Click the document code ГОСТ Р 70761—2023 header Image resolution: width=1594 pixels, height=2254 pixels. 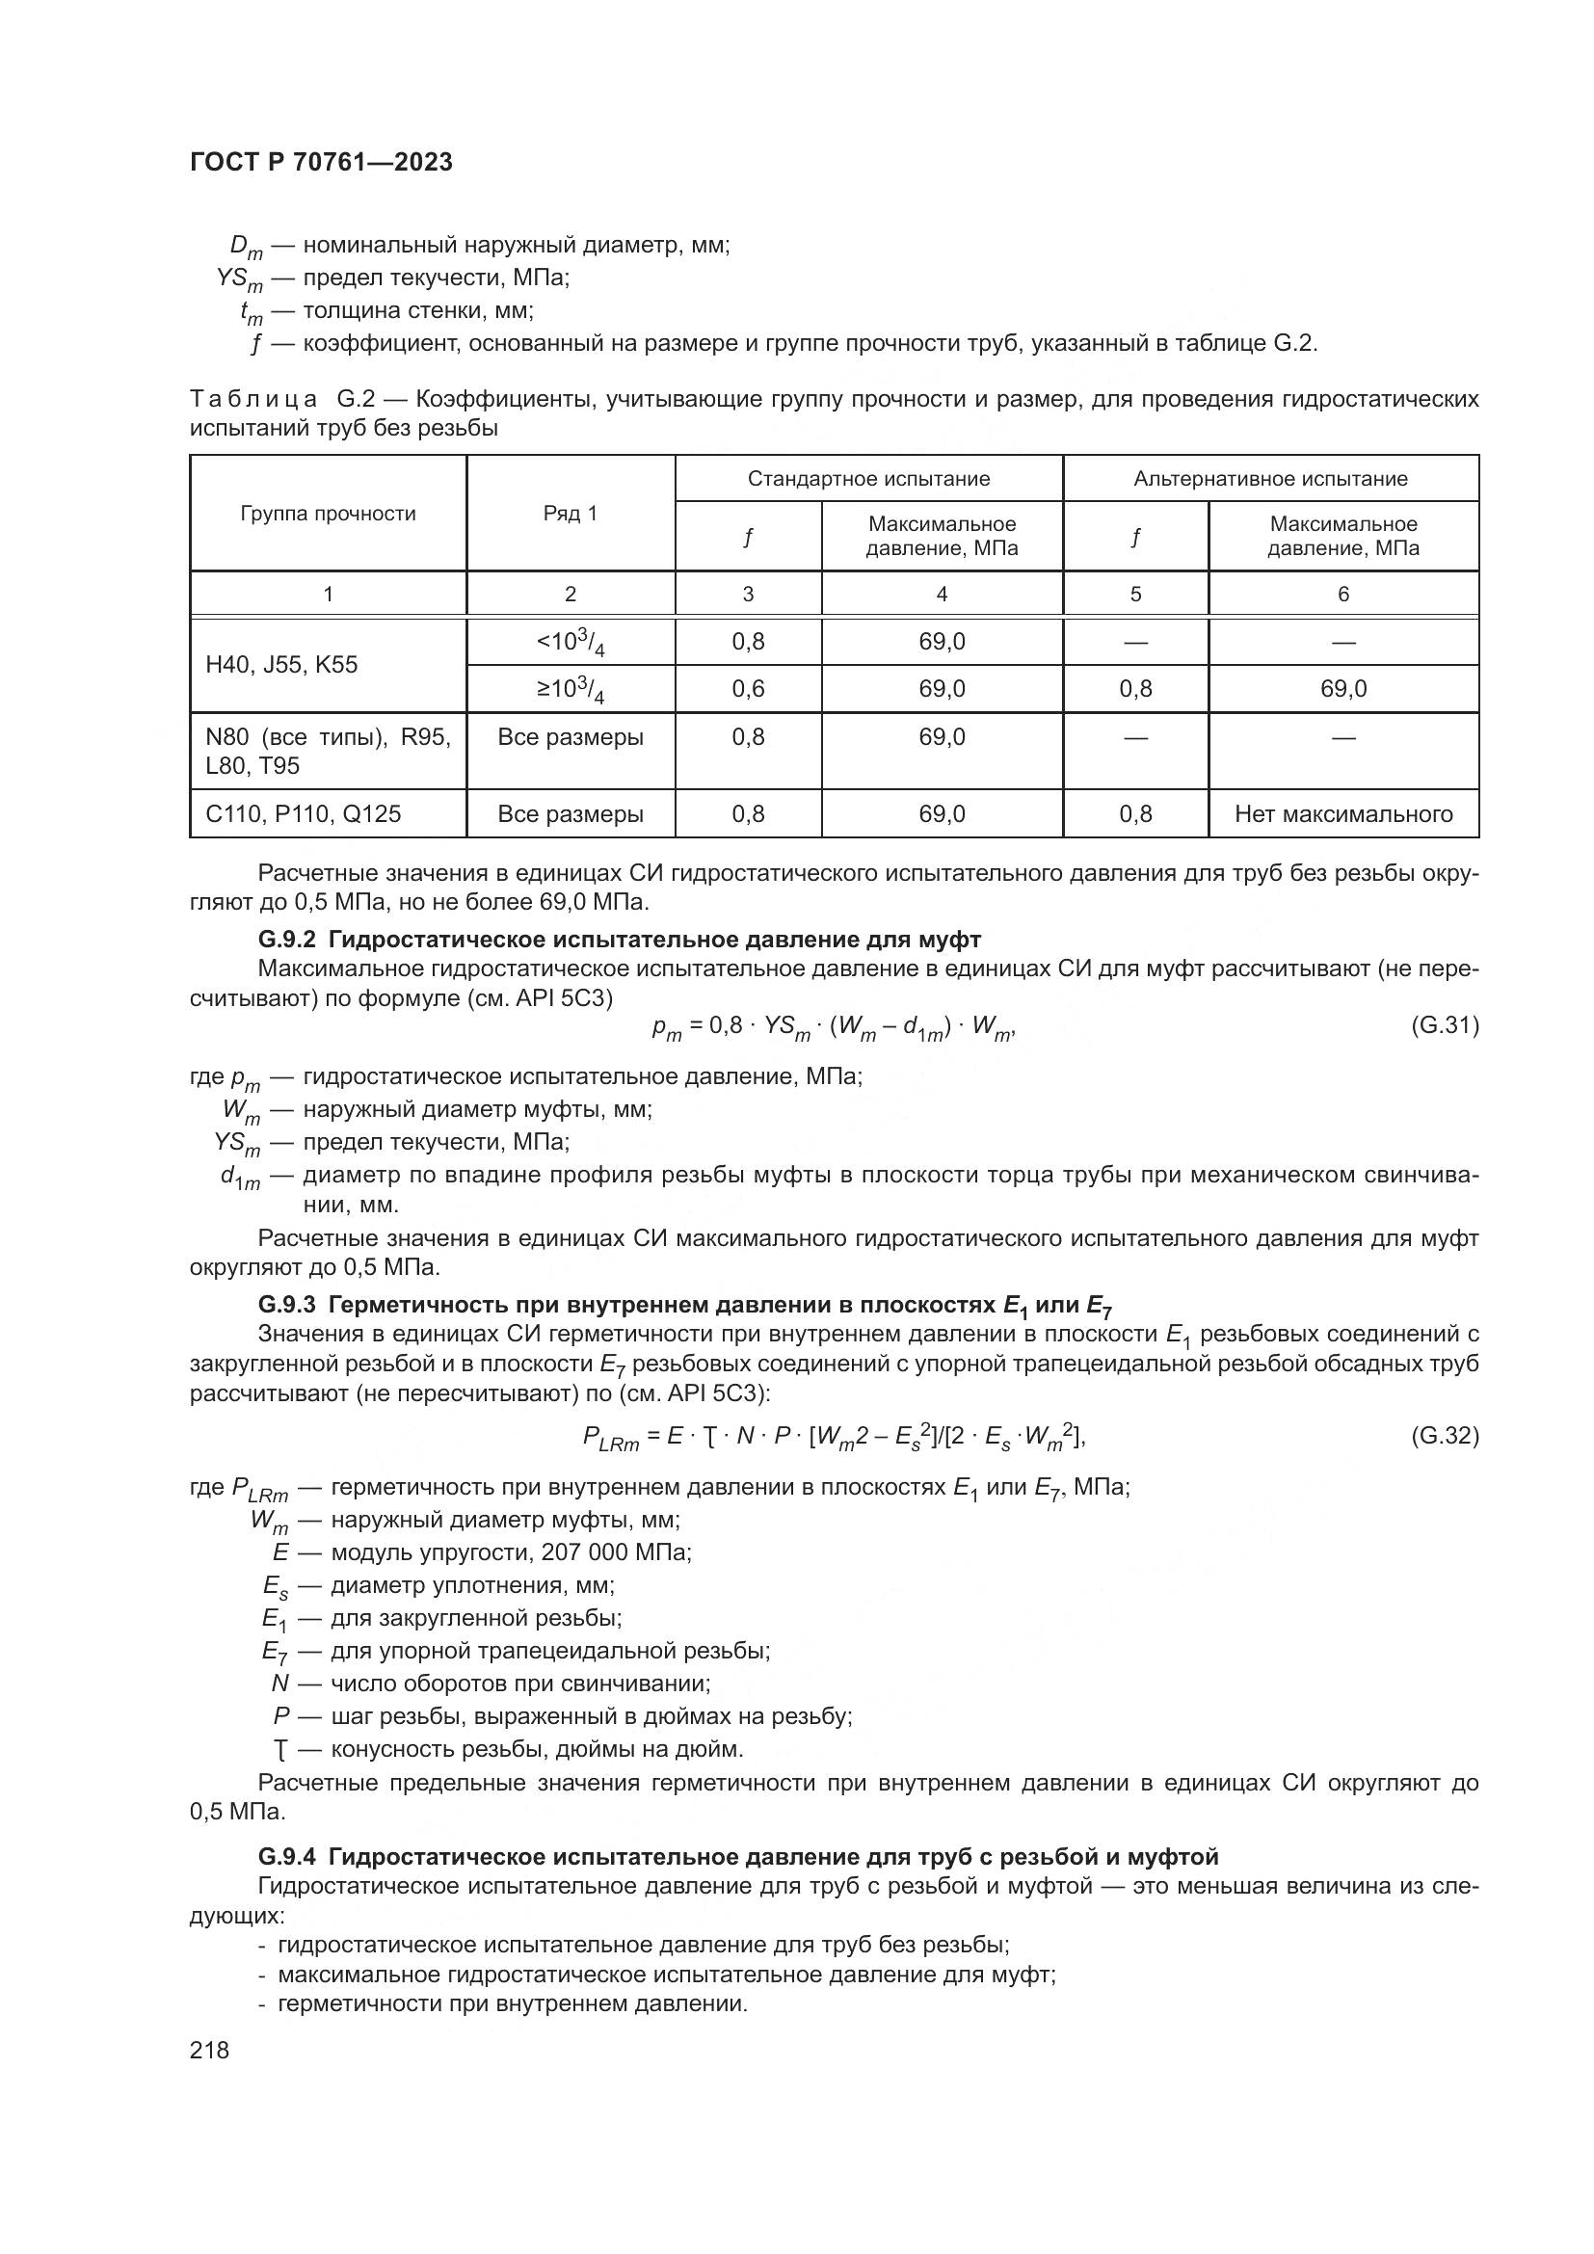pos(321,163)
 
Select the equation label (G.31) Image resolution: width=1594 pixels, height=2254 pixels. pos(1444,1026)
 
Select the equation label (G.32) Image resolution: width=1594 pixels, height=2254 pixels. pos(1444,1436)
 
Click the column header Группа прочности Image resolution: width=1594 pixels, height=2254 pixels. pos(328,514)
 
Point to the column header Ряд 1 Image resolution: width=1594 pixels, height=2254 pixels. pos(571,514)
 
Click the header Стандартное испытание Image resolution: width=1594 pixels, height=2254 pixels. pos(868,479)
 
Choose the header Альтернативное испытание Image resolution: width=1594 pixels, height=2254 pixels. pos(1270,479)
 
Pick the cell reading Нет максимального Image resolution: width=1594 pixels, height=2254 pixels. pos(1342,814)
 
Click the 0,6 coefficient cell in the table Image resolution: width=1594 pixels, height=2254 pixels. pos(748,689)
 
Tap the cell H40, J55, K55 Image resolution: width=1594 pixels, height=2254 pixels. pos(281,665)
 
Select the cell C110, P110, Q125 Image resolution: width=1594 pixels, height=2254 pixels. pos(304,814)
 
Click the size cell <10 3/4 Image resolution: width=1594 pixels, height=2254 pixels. pos(571,642)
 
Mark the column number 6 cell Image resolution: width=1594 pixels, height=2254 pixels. pos(1342,594)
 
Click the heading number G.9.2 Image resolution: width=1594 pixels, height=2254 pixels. pos(286,940)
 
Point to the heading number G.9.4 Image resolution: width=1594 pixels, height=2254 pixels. pos(286,1856)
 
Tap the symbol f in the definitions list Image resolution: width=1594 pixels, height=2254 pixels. pos(256,344)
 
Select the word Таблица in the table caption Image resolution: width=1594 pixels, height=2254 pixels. pos(253,400)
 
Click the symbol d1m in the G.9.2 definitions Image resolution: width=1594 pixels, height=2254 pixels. pos(240,1177)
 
